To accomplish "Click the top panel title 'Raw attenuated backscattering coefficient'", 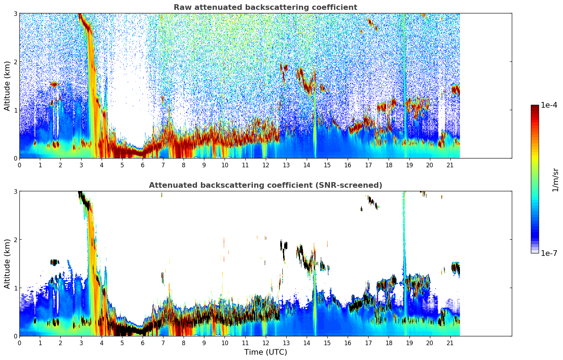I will click(x=265, y=7).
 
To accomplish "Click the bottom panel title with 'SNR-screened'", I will click(x=265, y=185).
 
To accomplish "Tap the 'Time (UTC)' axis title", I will click(x=265, y=352).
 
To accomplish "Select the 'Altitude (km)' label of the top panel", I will click(x=7, y=86).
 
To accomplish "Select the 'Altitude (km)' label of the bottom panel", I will click(x=7, y=264).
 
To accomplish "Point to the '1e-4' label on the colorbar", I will click(x=549, y=105).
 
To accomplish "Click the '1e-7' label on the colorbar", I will click(x=549, y=253).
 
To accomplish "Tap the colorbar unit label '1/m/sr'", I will click(x=555, y=180).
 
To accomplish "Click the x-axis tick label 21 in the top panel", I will click(x=450, y=165).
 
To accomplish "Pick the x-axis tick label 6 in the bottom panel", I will click(x=143, y=343).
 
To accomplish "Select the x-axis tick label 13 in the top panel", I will click(x=286, y=165).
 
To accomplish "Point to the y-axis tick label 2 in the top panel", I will click(x=15, y=62).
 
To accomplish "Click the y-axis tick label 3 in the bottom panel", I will click(x=15, y=191).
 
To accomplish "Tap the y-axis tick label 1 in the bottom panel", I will click(x=15, y=288).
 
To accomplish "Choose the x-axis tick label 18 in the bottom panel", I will click(x=389, y=343).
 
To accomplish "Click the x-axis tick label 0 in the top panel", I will click(x=19, y=165).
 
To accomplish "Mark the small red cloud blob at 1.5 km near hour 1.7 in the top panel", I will click(x=54, y=84).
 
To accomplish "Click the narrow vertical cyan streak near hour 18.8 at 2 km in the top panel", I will click(x=405, y=62).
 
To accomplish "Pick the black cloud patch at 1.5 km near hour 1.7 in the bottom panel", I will click(x=54, y=262).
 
